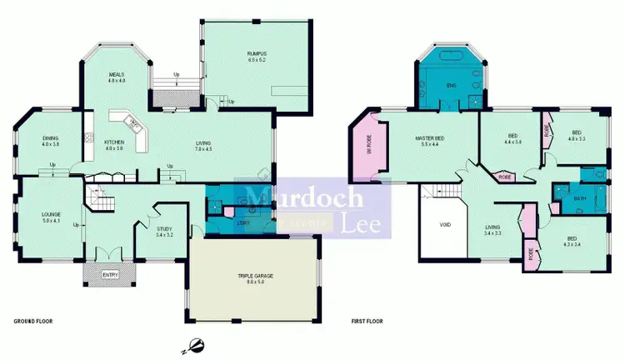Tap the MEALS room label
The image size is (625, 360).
click(x=116, y=75)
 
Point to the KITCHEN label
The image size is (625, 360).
click(x=114, y=142)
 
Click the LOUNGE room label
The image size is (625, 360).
click(x=52, y=214)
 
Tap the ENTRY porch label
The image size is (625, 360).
click(x=110, y=274)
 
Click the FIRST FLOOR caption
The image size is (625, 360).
click(x=370, y=320)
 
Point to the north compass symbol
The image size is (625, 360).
click(x=193, y=342)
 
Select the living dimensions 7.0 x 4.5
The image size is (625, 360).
click(x=204, y=150)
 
